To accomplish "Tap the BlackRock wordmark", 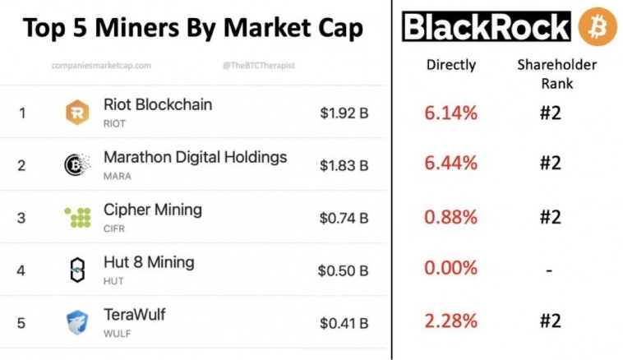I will [x=487, y=27].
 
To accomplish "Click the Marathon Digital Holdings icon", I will [x=77, y=165].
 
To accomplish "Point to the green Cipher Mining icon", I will [x=77, y=217].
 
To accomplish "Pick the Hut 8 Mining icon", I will [x=77, y=270].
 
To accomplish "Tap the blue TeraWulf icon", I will [x=77, y=322].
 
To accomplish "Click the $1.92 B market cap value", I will [x=344, y=113].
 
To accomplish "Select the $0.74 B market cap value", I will [x=344, y=218].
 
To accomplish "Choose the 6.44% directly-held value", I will [x=450, y=163].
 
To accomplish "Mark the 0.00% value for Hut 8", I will [x=450, y=268].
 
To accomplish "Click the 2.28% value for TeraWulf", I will [x=450, y=321].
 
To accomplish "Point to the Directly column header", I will [x=450, y=65].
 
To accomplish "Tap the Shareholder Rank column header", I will [x=556, y=73].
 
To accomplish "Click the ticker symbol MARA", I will [x=118, y=176].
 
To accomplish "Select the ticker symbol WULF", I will [x=118, y=333].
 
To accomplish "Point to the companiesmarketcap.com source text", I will [x=101, y=65].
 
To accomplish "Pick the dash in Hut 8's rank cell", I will [x=550, y=269].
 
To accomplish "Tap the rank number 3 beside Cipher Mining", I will [x=21, y=218].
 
